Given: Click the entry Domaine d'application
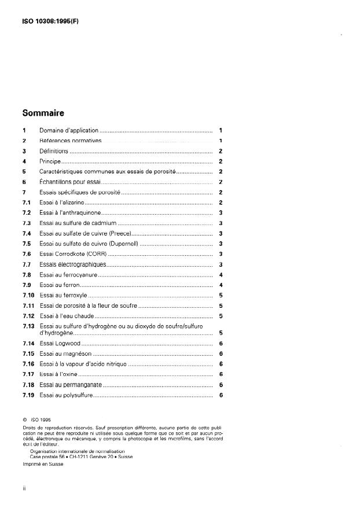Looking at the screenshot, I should pos(69,131).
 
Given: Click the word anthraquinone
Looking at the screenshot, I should pos(80,213).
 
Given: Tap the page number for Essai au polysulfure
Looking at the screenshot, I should pos(221,395).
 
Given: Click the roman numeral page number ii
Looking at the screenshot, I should pos(24,489).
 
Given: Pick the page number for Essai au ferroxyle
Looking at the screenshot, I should pos(221,295).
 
